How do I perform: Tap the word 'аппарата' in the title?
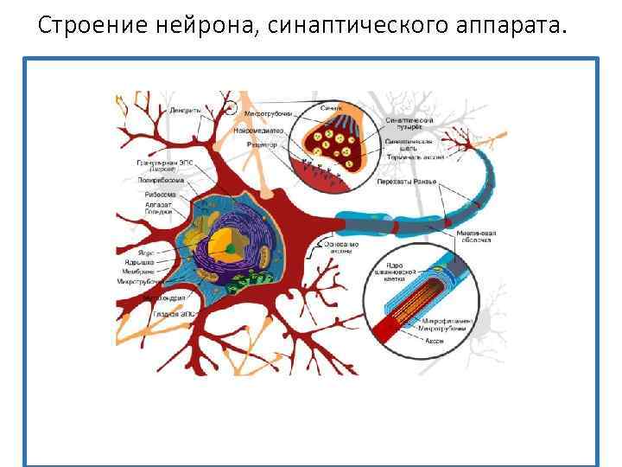tap(512, 25)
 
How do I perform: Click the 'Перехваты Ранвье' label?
tap(407, 181)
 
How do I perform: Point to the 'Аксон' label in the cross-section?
tap(435, 342)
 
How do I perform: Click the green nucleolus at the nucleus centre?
tap(230, 249)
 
